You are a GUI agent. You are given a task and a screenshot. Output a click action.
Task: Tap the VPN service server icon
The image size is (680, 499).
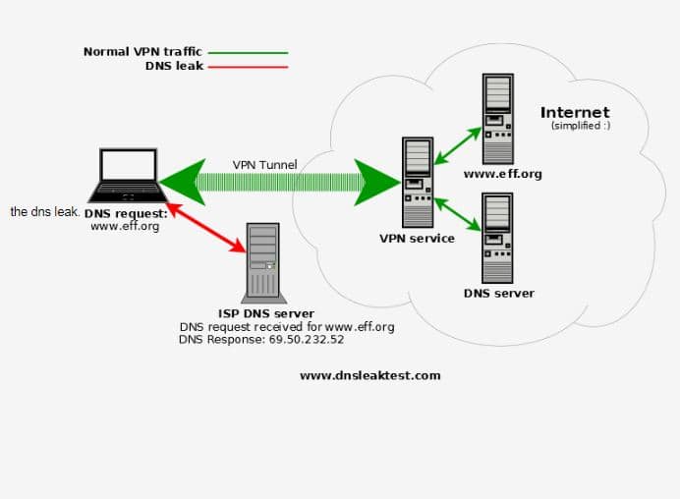coord(418,183)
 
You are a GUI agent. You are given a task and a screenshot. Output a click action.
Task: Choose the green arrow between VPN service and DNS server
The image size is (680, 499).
coord(458,214)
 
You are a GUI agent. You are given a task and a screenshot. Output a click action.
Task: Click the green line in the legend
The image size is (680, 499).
coord(248,52)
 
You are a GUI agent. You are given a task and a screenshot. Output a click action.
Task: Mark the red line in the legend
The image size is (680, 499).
coord(248,67)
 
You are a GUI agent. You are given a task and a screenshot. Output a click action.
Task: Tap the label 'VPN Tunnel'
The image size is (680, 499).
coord(264,164)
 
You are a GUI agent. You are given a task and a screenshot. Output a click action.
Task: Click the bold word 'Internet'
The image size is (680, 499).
coord(575,112)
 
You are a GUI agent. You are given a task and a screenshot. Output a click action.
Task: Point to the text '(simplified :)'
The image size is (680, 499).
coord(581,127)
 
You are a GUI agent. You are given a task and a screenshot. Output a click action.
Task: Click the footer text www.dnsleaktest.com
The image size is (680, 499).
coord(370,375)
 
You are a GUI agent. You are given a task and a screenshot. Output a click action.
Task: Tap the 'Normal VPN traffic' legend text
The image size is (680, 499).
coord(142,52)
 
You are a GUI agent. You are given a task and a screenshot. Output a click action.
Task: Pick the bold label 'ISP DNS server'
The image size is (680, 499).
coord(268,313)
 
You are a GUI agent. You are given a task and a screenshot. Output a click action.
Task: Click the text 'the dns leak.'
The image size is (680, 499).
coord(45,211)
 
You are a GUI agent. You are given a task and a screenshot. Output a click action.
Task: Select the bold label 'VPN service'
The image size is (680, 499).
coord(418,239)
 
